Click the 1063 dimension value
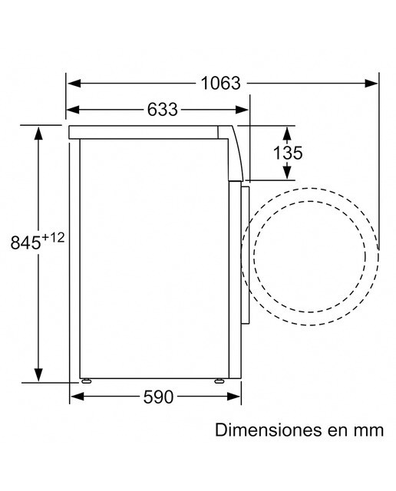(220, 84)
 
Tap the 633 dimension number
(162, 110)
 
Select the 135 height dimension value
(288, 153)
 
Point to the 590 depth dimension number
(158, 397)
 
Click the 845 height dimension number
(25, 242)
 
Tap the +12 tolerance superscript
(53, 238)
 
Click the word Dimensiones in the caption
(269, 430)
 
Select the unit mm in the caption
(368, 431)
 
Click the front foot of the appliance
(219, 381)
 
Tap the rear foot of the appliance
(86, 381)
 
